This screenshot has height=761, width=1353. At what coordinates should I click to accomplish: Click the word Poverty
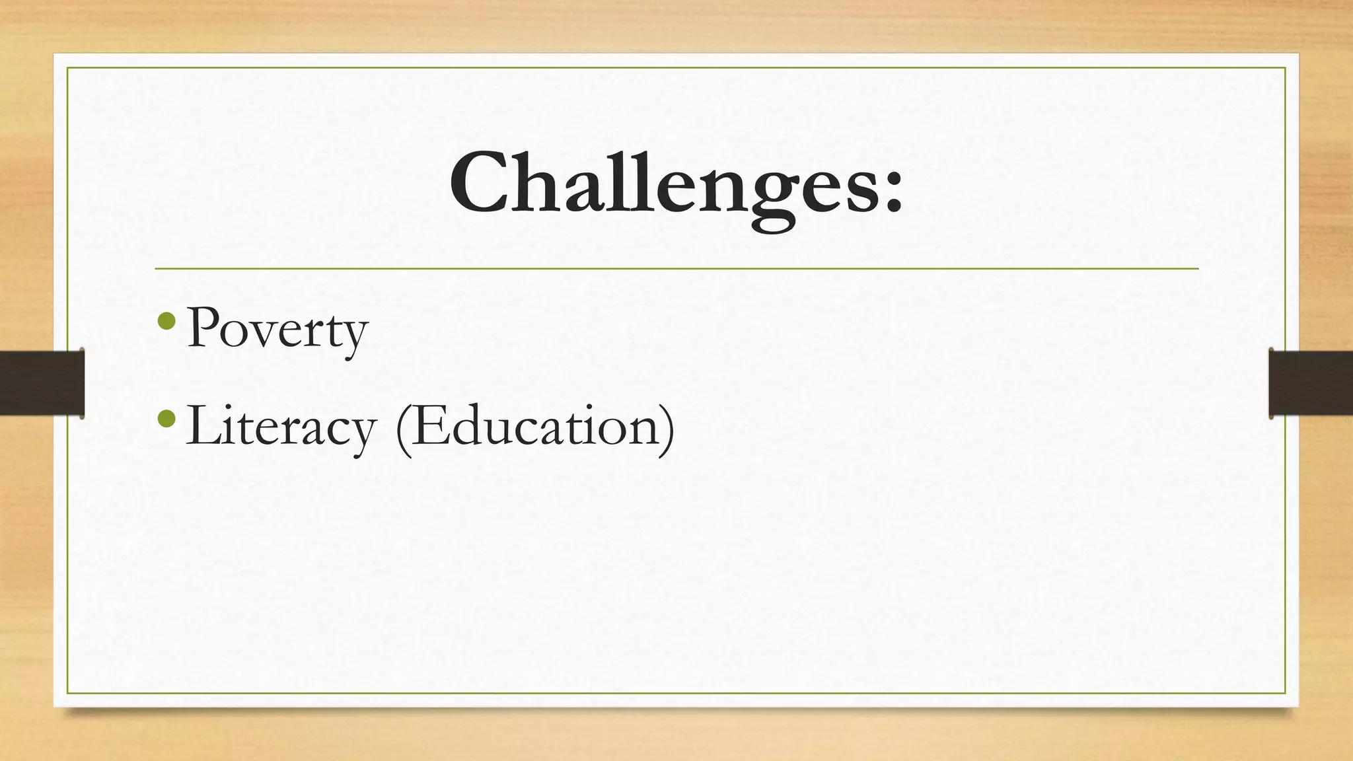(277, 328)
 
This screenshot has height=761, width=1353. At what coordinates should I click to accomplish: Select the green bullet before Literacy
(168, 418)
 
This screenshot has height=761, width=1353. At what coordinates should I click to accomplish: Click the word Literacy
(281, 426)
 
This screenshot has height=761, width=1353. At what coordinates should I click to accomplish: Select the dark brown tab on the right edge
(1311, 383)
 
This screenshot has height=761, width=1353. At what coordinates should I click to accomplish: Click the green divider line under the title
(676, 269)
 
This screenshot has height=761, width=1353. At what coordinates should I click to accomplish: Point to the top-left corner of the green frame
(67, 67)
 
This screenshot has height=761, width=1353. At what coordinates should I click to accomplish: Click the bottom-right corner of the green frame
(1285, 693)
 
